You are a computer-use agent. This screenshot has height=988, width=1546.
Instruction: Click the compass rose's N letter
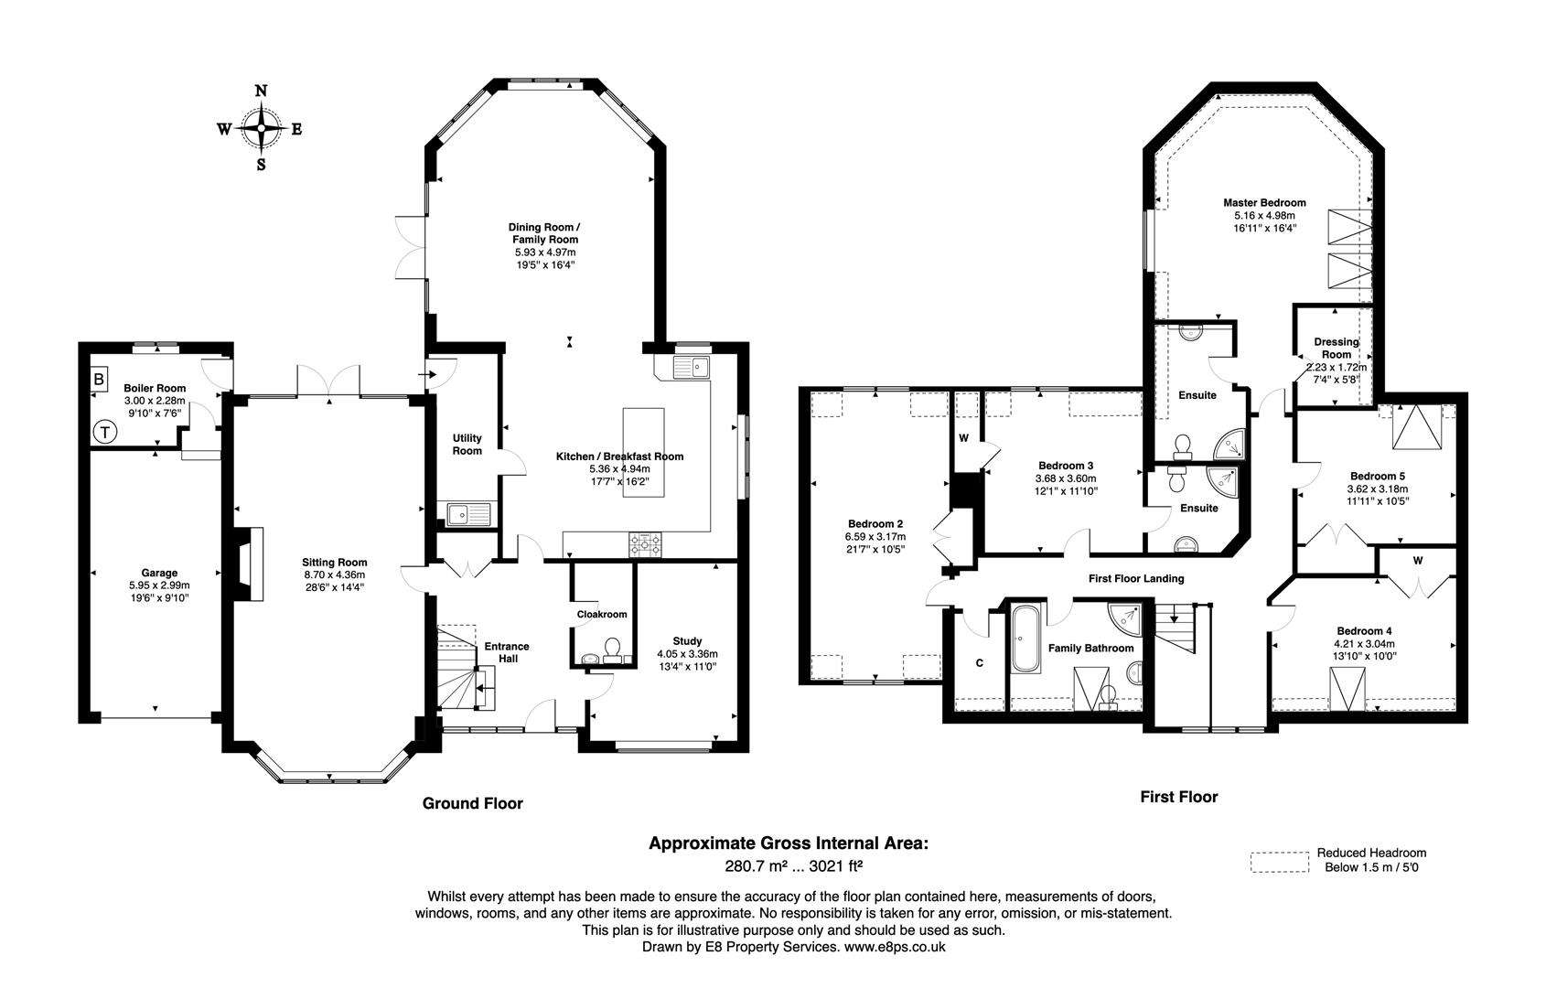[261, 91]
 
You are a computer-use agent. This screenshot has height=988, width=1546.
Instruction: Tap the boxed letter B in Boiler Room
[98, 379]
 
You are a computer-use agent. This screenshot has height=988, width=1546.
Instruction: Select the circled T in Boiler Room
[107, 431]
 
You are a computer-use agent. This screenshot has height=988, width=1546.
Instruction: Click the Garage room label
[159, 574]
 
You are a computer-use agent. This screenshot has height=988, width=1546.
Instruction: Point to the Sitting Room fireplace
[249, 564]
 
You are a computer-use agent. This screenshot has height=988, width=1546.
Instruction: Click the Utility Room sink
[468, 513]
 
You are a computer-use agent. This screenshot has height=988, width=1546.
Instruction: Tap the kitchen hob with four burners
[646, 545]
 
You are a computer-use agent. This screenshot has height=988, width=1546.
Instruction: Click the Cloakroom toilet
[612, 649]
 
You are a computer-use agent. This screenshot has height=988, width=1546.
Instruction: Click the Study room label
[686, 641]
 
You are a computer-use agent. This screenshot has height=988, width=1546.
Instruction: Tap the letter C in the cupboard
[979, 663]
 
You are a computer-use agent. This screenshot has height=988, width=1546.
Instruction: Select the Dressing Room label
[1337, 349]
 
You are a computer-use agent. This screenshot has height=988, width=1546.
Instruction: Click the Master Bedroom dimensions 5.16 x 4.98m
[1264, 216]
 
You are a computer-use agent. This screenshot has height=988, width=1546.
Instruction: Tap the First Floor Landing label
[1135, 578]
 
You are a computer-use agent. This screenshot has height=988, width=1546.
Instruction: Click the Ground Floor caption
[472, 803]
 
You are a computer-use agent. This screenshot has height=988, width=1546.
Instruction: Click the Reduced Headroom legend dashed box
[1280, 862]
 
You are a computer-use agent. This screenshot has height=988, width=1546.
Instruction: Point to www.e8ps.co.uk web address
[894, 948]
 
